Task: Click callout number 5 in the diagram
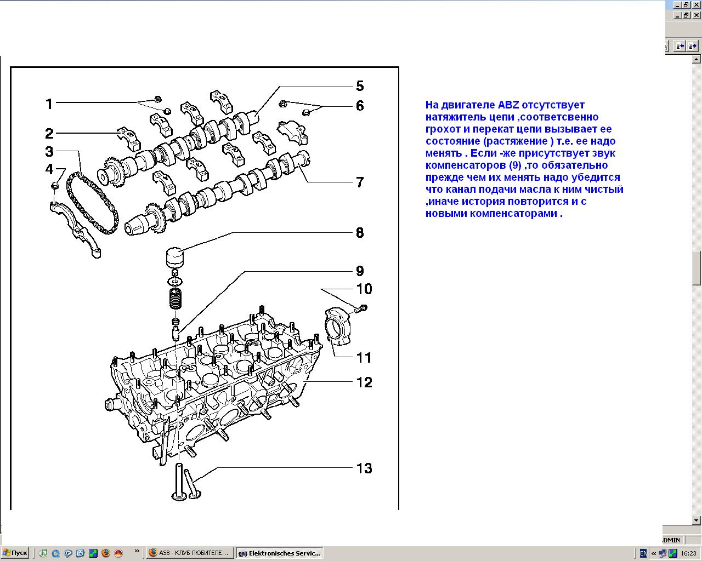[360, 86]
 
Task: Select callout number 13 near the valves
[364, 468]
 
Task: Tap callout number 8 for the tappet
[360, 233]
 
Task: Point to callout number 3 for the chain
[49, 151]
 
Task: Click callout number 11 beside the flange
[364, 358]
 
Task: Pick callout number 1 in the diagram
[49, 104]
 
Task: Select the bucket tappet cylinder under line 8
[175, 257]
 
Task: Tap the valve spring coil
[175, 299]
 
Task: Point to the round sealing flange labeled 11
[338, 326]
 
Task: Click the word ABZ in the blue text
[508, 105]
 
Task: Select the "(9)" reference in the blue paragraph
[515, 165]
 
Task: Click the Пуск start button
[15, 553]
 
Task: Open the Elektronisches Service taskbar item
[280, 553]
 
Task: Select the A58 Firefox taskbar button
[190, 553]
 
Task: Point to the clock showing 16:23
[688, 553]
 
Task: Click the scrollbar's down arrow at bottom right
[696, 520]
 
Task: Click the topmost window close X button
[696, 5]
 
